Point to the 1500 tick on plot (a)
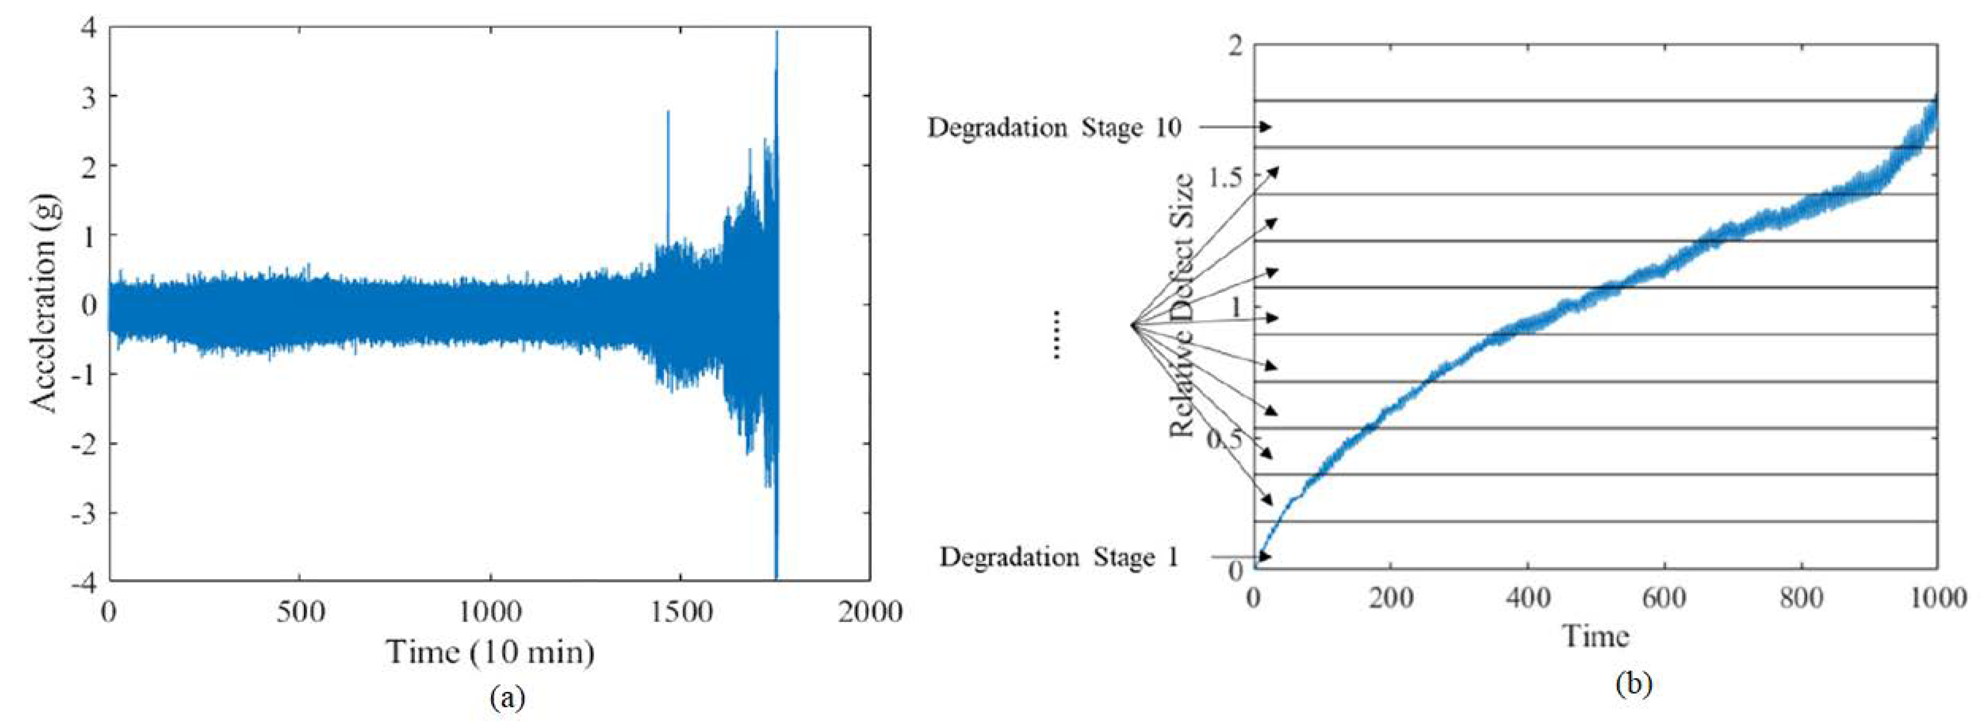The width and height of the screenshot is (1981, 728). click(x=678, y=613)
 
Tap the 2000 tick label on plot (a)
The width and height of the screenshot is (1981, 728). click(x=869, y=613)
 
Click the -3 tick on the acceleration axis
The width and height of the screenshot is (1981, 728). click(x=88, y=512)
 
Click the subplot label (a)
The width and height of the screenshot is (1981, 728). click(x=508, y=697)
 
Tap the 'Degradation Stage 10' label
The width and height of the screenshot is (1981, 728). click(x=1054, y=128)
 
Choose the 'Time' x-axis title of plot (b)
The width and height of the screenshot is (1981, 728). click(x=1596, y=636)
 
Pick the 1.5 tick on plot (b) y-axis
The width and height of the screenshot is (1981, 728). click(x=1225, y=177)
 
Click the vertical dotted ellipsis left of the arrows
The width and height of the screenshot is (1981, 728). click(x=1057, y=334)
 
